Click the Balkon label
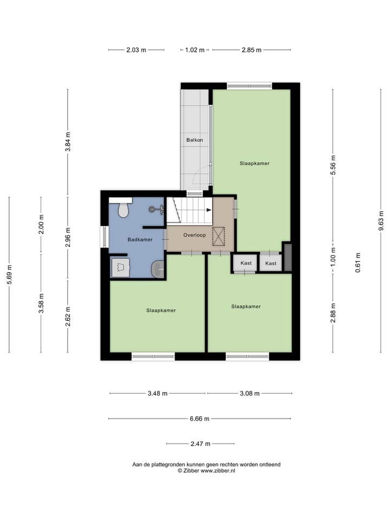195,140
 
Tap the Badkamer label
140,239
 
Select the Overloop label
194,236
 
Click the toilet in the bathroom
123,209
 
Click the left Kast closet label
246,263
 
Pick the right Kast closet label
271,263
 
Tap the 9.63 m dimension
381,220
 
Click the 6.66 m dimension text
199,419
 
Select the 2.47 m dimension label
199,444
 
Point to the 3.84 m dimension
68,142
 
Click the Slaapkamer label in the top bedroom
255,163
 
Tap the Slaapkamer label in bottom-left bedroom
161,310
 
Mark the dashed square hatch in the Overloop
219,237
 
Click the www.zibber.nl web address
218,471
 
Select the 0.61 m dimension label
358,263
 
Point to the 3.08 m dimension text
250,394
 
